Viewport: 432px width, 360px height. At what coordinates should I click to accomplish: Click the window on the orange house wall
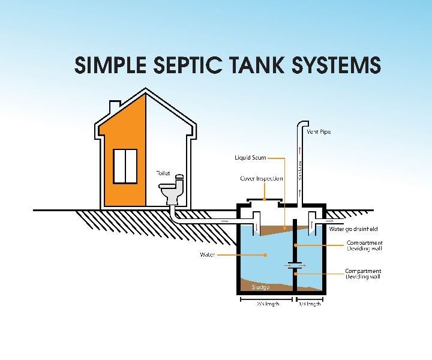(125, 165)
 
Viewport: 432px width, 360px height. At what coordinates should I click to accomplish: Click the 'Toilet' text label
(163, 173)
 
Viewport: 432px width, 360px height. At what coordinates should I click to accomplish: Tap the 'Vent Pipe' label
(319, 132)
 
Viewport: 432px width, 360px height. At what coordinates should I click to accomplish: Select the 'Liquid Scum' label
(250, 158)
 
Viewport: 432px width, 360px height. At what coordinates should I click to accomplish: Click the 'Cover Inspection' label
(261, 179)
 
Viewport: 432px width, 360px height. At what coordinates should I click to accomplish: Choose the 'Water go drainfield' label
(353, 229)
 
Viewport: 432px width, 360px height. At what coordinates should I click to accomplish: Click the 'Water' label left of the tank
(207, 255)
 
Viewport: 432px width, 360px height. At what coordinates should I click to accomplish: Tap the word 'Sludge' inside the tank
(252, 287)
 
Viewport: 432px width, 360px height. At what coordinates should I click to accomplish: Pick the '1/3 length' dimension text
(310, 304)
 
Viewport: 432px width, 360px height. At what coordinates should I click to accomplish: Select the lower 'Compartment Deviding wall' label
(363, 274)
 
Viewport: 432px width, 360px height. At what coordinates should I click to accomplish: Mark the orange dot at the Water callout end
(265, 255)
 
